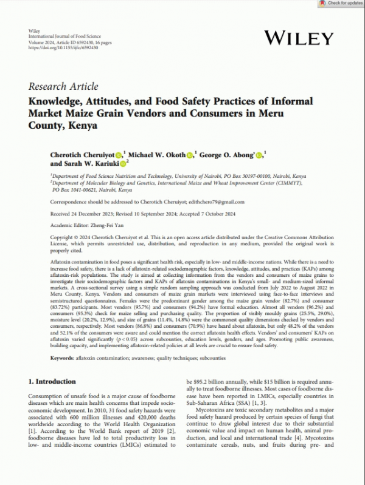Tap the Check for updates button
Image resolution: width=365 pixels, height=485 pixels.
click(x=342, y=3)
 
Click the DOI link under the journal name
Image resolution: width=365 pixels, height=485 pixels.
click(x=58, y=48)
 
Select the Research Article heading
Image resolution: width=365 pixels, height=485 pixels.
click(x=63, y=86)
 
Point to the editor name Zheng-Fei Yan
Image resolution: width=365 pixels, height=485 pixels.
click(x=106, y=223)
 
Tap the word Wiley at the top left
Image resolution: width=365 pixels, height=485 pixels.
click(x=35, y=30)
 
